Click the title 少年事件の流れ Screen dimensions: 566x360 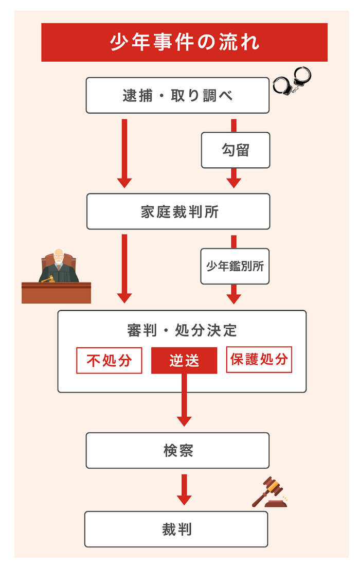click(184, 42)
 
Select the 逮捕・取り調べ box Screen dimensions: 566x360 click(177, 95)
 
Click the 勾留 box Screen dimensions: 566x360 click(236, 150)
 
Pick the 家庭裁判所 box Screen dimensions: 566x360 click(178, 211)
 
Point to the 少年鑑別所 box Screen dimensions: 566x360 click(235, 266)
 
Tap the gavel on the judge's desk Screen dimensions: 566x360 click(48, 279)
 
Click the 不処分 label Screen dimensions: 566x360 click(109, 360)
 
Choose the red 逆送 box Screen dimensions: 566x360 click(184, 360)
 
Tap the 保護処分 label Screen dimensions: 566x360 click(259, 359)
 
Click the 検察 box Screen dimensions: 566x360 click(177, 450)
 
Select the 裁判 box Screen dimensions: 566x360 click(176, 529)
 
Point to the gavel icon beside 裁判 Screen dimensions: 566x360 click(269, 492)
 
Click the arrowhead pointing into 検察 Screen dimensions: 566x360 click(184, 420)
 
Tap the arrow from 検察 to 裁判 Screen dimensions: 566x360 click(184, 489)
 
